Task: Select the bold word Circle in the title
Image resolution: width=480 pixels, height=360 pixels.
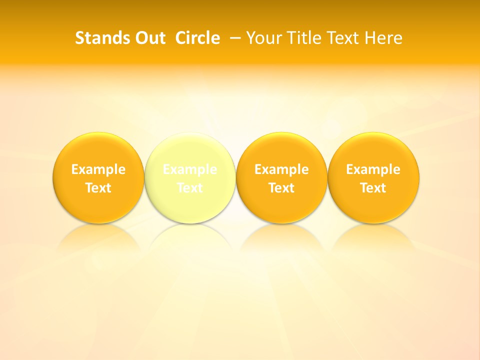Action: (197, 38)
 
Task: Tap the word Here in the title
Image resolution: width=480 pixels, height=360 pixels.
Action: (383, 38)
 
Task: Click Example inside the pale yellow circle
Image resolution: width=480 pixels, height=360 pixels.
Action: (190, 169)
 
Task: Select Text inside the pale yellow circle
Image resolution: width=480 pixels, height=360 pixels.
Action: (190, 188)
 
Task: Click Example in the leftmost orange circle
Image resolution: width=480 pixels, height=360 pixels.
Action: (98, 169)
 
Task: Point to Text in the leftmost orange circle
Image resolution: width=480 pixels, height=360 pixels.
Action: (98, 188)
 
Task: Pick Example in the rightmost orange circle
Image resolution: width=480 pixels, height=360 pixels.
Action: (373, 169)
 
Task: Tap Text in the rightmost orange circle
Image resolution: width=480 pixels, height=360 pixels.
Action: (373, 188)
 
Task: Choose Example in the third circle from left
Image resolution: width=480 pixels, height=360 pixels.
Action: (281, 169)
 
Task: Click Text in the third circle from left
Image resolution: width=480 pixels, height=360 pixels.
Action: (281, 188)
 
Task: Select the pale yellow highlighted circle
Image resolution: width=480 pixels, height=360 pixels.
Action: (190, 150)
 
